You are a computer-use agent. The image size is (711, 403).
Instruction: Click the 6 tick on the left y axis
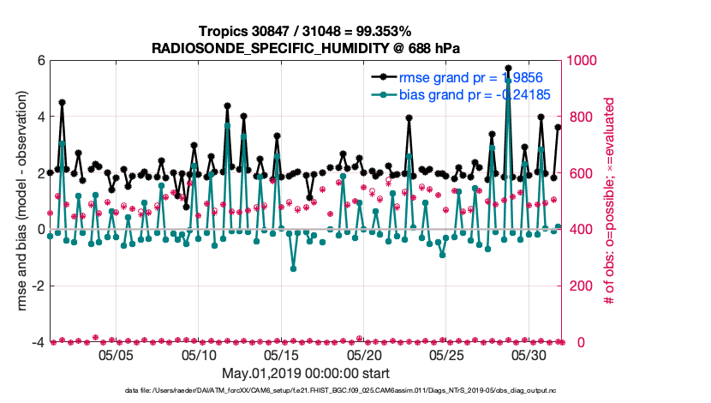40,61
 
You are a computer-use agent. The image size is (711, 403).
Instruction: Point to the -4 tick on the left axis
38,342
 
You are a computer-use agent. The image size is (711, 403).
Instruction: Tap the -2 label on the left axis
38,286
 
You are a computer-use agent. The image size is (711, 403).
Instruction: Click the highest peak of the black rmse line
508,67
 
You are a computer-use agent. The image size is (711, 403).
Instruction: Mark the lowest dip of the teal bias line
293,268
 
